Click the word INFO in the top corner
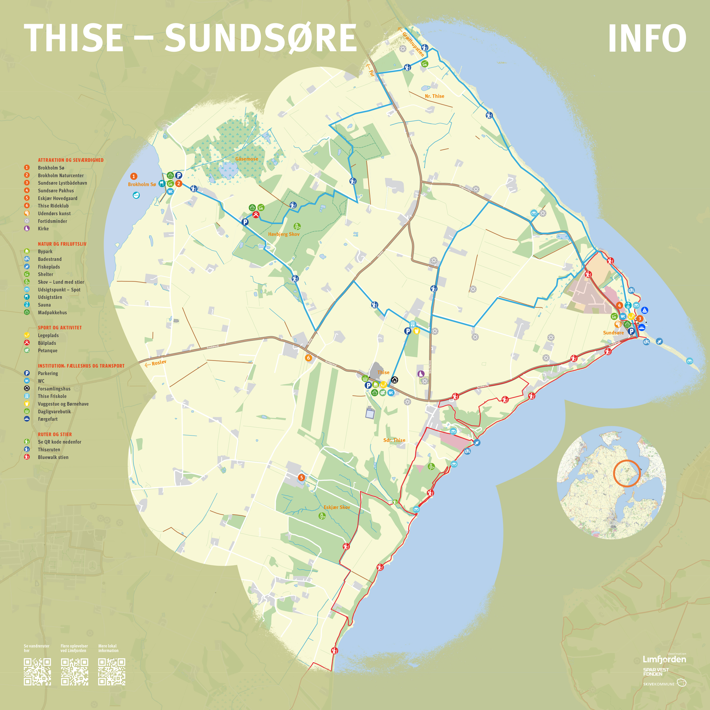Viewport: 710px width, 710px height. (647, 38)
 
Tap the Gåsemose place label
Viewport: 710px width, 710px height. (247, 159)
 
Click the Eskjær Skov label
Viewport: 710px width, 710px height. (336, 507)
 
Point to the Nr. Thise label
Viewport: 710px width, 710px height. (434, 96)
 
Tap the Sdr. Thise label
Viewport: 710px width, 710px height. (394, 440)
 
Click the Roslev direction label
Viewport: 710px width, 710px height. (159, 362)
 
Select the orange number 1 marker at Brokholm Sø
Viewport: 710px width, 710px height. (134, 176)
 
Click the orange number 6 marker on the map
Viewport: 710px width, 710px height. (308, 358)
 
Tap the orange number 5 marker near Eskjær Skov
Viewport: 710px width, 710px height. (301, 477)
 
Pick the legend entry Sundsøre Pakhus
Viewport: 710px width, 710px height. (56, 190)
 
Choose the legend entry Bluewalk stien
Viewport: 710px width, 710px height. (53, 457)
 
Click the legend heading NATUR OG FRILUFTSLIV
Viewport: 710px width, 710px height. (62, 244)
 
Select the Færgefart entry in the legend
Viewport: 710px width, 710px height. (48, 419)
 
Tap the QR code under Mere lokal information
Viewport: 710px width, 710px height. (112, 672)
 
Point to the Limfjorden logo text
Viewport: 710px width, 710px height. (664, 659)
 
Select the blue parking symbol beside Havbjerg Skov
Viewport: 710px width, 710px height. (245, 222)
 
